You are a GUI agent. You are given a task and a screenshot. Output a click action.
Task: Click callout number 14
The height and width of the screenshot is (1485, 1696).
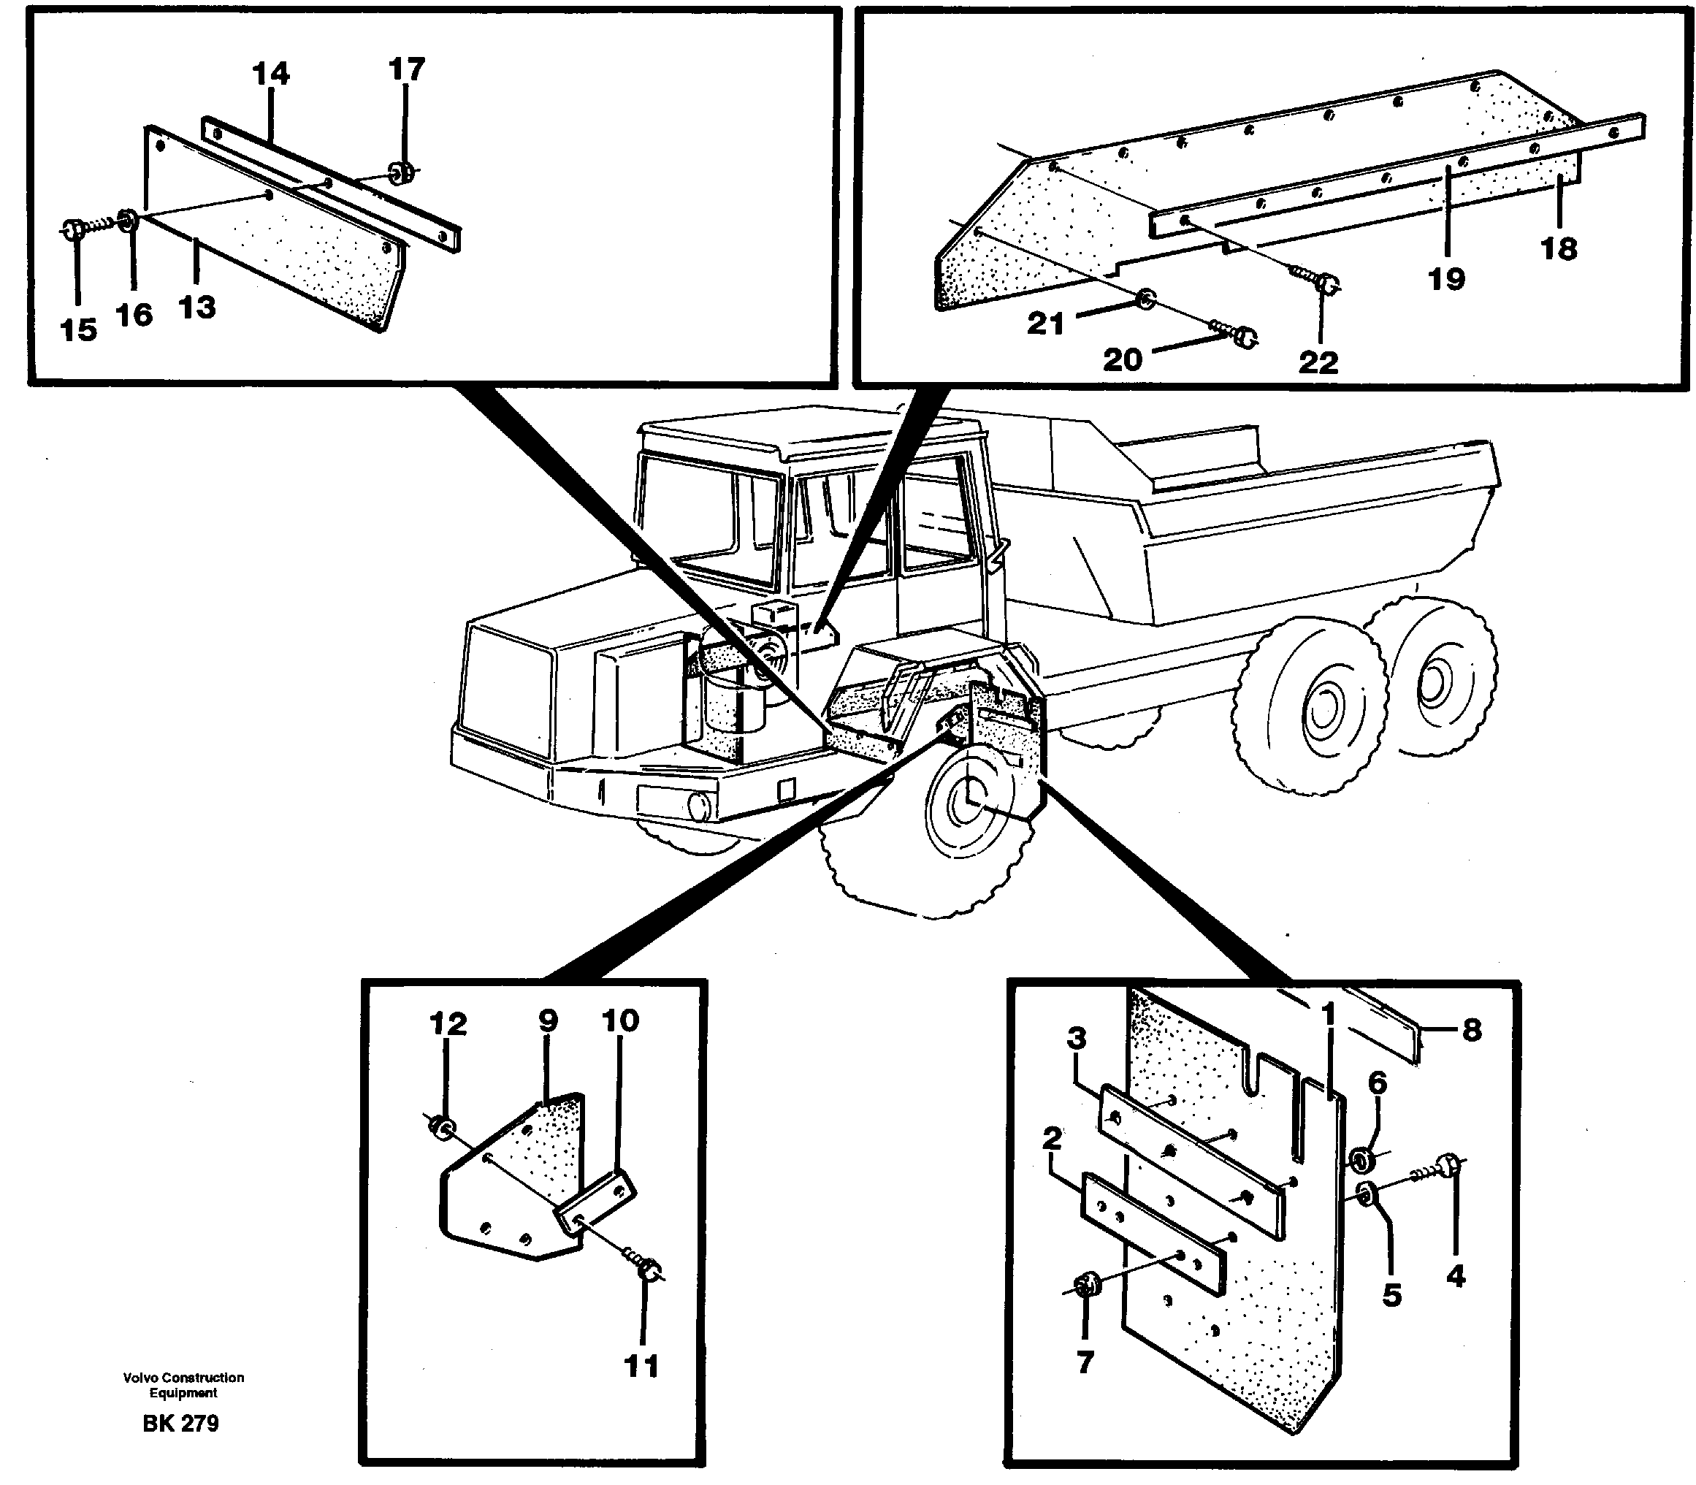(271, 75)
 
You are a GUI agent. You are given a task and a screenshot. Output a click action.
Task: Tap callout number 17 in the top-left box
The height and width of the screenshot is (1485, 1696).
(406, 69)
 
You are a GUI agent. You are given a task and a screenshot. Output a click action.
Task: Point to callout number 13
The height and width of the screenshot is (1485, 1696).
(197, 308)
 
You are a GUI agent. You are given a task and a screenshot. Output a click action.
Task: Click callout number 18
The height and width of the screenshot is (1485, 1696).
(1559, 248)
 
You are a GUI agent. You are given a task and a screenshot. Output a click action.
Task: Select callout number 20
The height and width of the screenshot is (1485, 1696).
(1122, 359)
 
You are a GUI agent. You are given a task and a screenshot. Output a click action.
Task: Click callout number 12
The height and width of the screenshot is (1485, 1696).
(448, 1024)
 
